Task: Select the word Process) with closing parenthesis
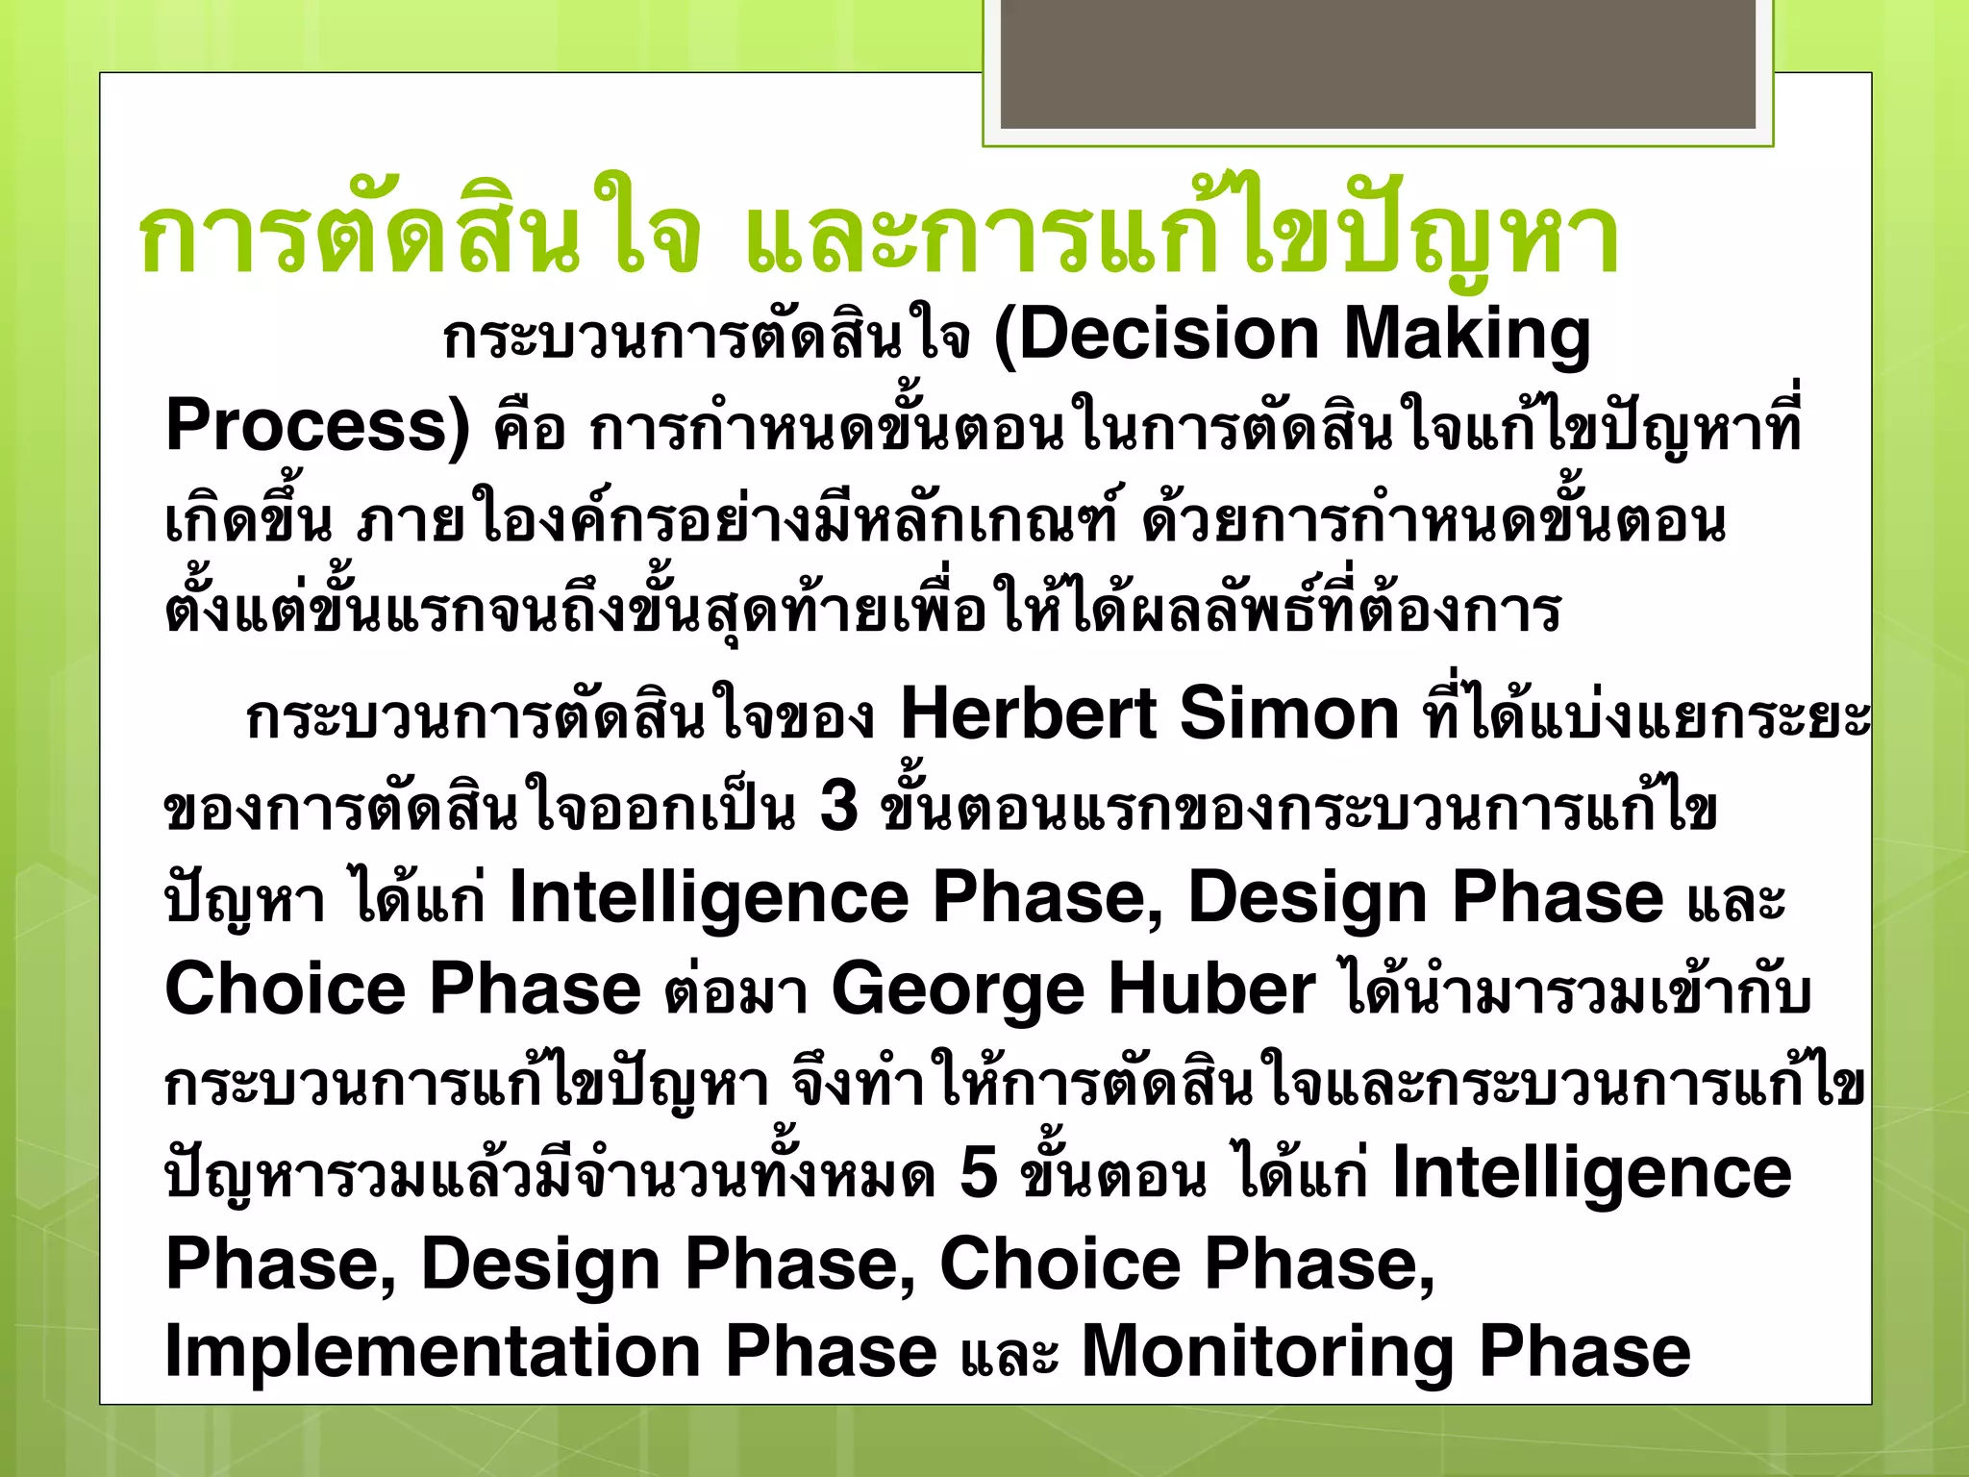point(317,426)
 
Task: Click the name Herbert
point(1028,714)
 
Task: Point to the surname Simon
point(1288,714)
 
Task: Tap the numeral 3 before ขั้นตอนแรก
point(838,806)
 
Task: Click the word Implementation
point(433,1351)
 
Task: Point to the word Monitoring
point(1267,1351)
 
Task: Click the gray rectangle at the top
point(1378,63)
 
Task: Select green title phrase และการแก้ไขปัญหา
point(1183,236)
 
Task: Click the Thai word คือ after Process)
point(529,429)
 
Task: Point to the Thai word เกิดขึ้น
point(248,519)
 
